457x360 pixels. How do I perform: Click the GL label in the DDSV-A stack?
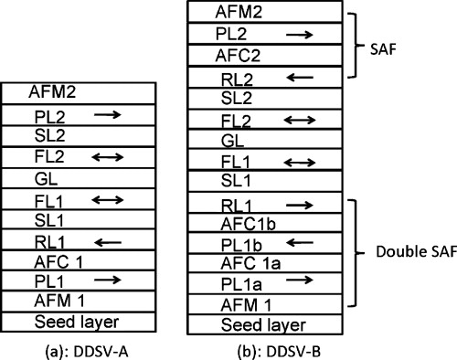(x=46, y=178)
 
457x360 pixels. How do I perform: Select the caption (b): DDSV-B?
(x=259, y=348)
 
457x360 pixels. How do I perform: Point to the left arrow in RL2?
(x=295, y=78)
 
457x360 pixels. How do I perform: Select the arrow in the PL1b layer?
(x=295, y=244)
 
